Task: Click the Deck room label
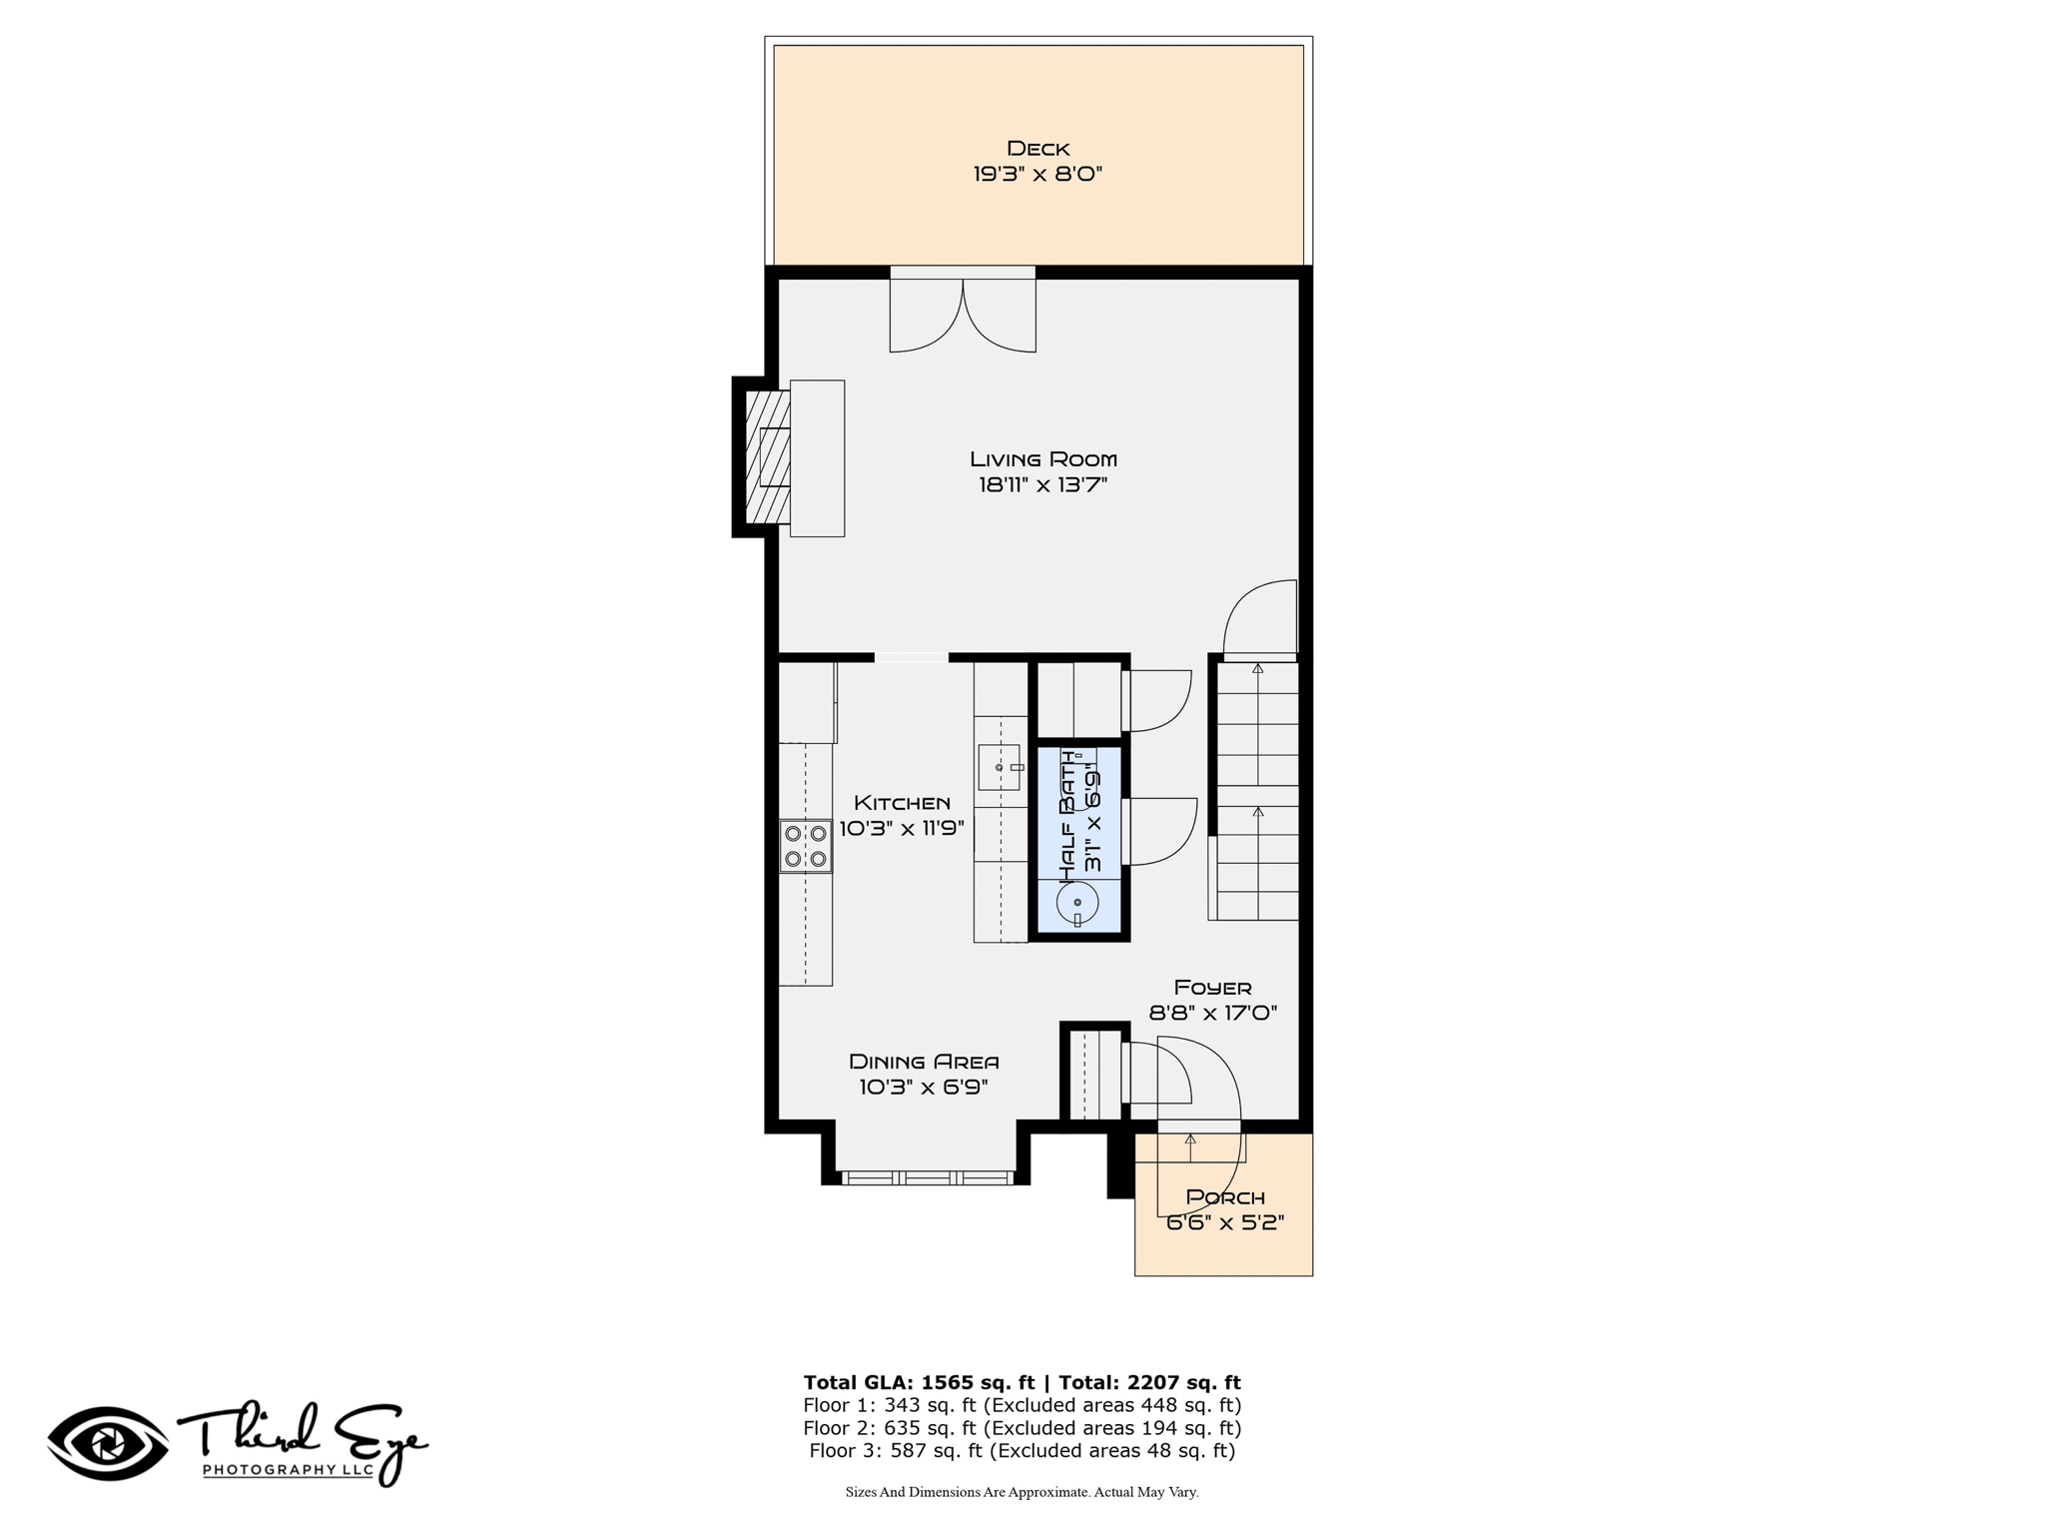1038,149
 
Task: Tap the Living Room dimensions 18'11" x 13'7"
1043,485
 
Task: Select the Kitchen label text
902,803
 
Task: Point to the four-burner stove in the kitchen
806,846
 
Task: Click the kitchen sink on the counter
1000,767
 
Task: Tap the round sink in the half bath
1077,903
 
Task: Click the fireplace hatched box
768,456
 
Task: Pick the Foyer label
1213,988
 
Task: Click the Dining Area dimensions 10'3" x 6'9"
924,1088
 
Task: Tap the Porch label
1225,1196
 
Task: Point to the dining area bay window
928,1178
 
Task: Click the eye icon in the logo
109,1443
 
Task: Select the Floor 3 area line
1022,1451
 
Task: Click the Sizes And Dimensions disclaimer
1022,1492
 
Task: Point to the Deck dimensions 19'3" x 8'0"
1038,174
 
